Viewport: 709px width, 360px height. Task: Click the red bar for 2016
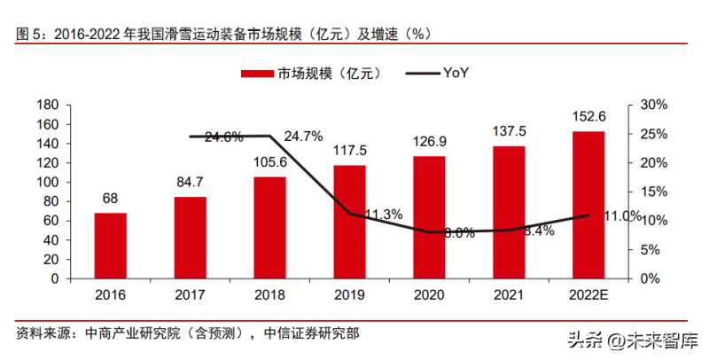111,246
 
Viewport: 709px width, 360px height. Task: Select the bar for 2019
350,222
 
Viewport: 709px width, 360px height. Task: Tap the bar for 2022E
588,205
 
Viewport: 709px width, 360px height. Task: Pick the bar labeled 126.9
430,217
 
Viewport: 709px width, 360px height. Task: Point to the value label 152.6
588,116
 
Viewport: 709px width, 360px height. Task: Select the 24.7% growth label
304,137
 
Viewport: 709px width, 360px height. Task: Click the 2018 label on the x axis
270,295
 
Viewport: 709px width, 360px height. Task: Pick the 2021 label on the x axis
509,295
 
